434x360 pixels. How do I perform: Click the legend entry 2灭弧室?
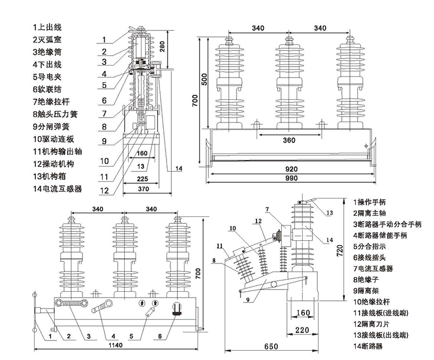point(48,39)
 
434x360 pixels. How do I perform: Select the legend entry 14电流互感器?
point(56,189)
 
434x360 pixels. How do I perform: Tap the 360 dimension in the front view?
point(289,140)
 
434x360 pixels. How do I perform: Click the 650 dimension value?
point(272,346)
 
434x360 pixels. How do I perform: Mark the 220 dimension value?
point(302,330)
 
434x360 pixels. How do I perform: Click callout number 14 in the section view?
point(179,168)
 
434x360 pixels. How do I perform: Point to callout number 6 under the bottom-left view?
point(159,336)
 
